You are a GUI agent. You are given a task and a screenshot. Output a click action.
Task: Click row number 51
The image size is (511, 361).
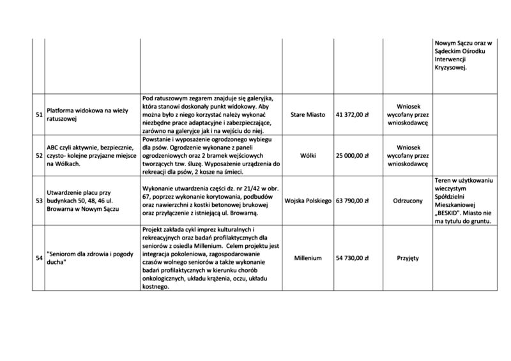pos(38,114)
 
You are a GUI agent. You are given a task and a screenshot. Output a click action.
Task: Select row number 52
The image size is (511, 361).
pos(38,155)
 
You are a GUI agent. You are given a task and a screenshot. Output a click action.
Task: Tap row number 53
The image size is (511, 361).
pos(38,201)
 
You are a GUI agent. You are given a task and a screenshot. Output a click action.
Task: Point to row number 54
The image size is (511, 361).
pos(38,258)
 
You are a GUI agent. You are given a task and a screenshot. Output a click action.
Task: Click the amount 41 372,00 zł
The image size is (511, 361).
pos(353,114)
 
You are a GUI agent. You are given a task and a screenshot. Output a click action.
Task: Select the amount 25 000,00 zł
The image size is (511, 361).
pos(353,155)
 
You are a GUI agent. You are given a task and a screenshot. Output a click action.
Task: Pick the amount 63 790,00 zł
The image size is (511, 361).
pos(353,201)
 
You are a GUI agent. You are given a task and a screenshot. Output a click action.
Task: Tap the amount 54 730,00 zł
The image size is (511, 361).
pos(353,258)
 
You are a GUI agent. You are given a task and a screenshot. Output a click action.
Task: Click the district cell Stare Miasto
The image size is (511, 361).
pos(307,114)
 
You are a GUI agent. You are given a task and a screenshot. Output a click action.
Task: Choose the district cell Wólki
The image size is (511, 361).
pos(307,155)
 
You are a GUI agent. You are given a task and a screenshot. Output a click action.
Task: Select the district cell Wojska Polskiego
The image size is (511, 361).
pos(307,201)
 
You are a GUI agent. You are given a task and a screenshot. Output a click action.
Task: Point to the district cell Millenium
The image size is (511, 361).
pos(307,258)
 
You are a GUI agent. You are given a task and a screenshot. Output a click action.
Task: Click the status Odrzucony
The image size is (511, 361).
pos(408,201)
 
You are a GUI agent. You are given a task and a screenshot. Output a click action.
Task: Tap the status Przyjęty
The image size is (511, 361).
pos(408,258)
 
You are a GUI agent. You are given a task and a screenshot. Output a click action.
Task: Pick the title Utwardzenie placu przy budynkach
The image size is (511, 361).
pos(83,201)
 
